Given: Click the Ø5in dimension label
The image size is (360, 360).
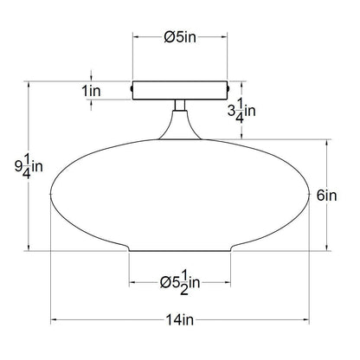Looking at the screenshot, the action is [180, 37].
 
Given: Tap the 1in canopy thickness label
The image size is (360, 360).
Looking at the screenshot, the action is [92, 91].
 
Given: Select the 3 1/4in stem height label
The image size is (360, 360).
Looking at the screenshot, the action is [241, 111].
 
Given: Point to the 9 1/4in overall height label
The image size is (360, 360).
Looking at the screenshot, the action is [29, 166].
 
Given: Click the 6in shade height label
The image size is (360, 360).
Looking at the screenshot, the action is [327, 196].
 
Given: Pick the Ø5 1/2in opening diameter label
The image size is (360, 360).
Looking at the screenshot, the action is [180, 283].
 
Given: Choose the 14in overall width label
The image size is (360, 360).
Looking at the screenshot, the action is [180, 320].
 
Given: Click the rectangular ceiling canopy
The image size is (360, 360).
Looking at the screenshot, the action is [180, 91].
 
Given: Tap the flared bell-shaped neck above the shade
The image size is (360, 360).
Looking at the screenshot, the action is [180, 125].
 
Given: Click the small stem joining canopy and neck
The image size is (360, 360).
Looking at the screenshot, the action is [180, 105].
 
